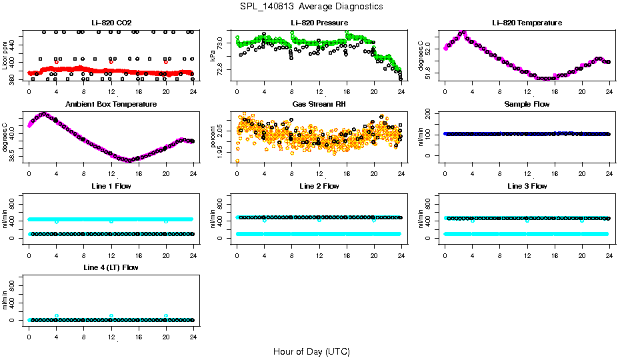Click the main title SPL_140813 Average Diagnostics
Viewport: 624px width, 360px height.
(x=311, y=7)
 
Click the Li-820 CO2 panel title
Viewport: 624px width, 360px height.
(x=111, y=23)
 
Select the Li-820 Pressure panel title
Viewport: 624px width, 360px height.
(x=319, y=23)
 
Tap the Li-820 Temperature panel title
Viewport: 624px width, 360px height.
(x=527, y=23)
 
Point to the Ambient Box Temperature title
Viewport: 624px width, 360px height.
(x=111, y=105)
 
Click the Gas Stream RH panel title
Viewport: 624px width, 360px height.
(x=319, y=105)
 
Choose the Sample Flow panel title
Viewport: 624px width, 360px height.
(x=527, y=105)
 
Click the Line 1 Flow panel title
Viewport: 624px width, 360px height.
(x=111, y=187)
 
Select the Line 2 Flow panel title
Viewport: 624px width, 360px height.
(x=319, y=187)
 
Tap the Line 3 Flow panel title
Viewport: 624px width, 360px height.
(x=527, y=187)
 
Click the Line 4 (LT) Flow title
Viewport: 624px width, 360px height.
(x=111, y=268)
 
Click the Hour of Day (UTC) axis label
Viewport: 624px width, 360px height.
(x=311, y=351)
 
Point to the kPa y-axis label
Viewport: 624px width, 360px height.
(x=213, y=56)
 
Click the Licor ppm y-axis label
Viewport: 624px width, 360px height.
(x=5, y=56)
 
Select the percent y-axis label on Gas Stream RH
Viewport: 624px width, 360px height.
(x=213, y=137)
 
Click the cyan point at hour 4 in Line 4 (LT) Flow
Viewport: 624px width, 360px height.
(x=57, y=316)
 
